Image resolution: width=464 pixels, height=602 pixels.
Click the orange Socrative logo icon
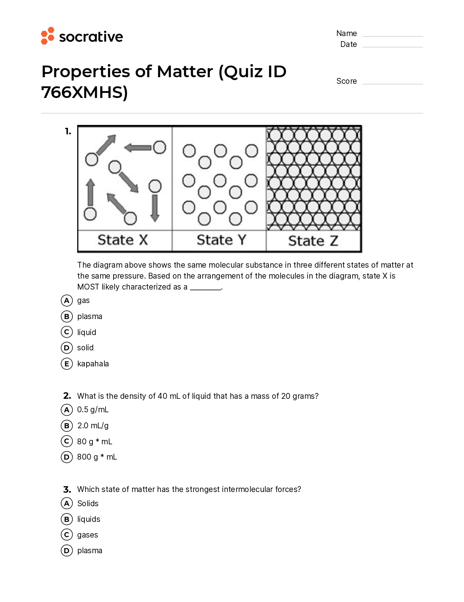(x=48, y=36)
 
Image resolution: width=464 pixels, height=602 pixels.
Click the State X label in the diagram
(x=123, y=240)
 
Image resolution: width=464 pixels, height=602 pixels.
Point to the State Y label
(x=221, y=240)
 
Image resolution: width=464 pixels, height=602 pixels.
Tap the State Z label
(x=313, y=241)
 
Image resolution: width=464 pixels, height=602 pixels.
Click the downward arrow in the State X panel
(x=155, y=208)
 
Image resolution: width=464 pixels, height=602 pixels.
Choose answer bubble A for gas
(x=67, y=300)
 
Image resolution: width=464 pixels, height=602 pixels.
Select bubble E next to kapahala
(x=67, y=363)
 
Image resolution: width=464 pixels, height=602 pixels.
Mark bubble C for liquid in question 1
(x=67, y=332)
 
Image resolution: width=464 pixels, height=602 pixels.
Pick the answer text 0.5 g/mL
(x=93, y=410)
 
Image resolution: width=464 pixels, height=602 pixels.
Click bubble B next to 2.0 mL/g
(x=67, y=425)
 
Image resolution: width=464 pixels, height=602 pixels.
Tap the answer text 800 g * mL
(x=97, y=457)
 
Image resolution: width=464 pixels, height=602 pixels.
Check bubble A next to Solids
(x=67, y=503)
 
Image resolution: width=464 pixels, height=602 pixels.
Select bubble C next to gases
(x=67, y=535)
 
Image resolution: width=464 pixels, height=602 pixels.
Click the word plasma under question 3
(x=90, y=550)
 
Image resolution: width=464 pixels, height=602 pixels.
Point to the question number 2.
(x=67, y=396)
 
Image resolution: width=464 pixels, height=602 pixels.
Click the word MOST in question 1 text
(x=88, y=287)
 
